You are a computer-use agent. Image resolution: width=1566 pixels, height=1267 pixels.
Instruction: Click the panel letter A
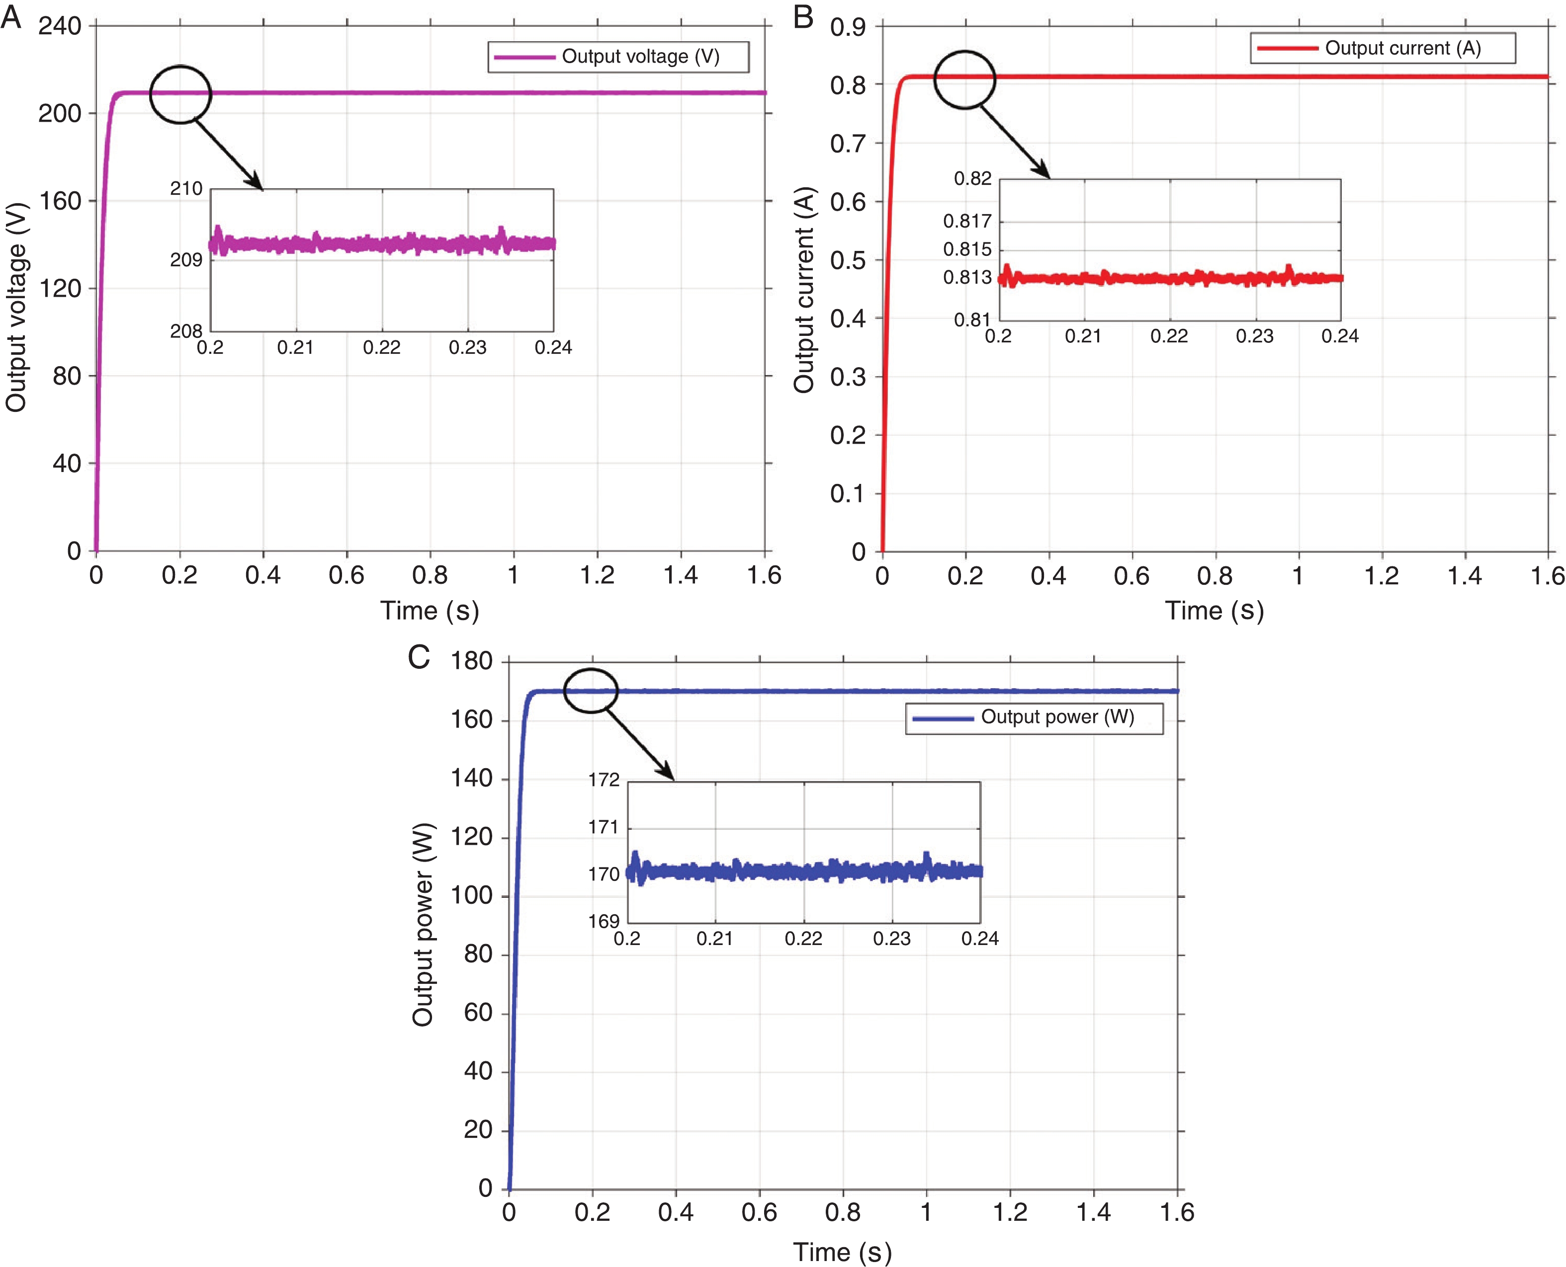[x=11, y=15]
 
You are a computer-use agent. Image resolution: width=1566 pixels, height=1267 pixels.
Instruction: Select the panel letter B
[x=803, y=15]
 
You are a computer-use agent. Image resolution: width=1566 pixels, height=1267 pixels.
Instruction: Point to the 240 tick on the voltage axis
[x=60, y=26]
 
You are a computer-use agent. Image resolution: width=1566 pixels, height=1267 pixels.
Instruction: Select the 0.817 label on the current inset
[x=967, y=221]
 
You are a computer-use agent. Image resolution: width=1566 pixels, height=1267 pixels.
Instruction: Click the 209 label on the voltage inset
[x=186, y=260]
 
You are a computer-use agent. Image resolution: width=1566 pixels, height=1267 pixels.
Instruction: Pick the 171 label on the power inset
[x=604, y=827]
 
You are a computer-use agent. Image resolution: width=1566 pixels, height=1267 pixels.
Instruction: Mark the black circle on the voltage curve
[x=180, y=94]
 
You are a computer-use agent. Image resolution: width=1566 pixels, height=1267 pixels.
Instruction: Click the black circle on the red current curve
[x=965, y=79]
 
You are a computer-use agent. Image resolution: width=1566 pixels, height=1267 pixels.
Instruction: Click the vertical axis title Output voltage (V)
[x=16, y=307]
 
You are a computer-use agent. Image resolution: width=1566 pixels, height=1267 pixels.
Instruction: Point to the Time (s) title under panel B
[x=1214, y=610]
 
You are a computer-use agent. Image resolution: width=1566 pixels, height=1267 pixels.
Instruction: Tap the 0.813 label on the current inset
[x=967, y=277]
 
